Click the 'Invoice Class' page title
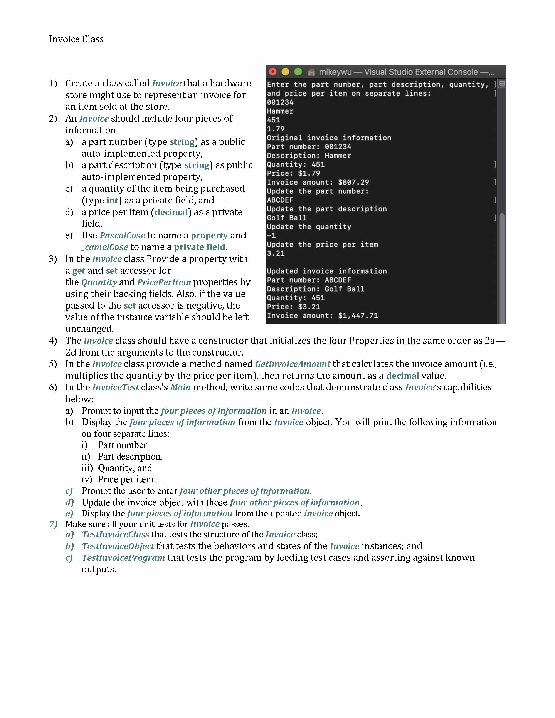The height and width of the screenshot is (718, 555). point(76,39)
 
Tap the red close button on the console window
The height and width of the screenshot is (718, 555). point(272,72)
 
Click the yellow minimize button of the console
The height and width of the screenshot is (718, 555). point(285,72)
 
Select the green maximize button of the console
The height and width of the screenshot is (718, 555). point(298,72)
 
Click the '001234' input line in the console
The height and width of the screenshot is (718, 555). point(280,102)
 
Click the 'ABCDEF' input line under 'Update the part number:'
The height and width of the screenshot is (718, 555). point(280,200)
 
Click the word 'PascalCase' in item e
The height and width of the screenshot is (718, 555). point(122,235)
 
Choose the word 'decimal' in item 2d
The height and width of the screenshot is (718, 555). point(171,212)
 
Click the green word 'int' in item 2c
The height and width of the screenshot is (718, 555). point(112,200)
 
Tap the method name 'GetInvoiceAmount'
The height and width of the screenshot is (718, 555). point(293,364)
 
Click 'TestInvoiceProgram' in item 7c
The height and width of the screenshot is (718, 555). point(123,558)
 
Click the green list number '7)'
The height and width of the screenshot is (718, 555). point(53,524)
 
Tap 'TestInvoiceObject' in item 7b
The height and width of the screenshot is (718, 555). point(118,546)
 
